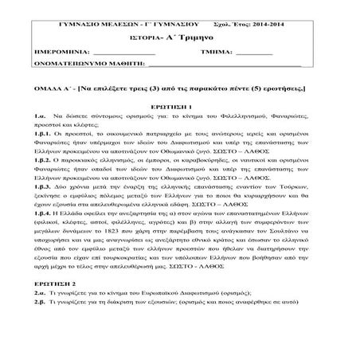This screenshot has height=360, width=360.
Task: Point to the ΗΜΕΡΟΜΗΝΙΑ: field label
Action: click(x=84, y=47)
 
